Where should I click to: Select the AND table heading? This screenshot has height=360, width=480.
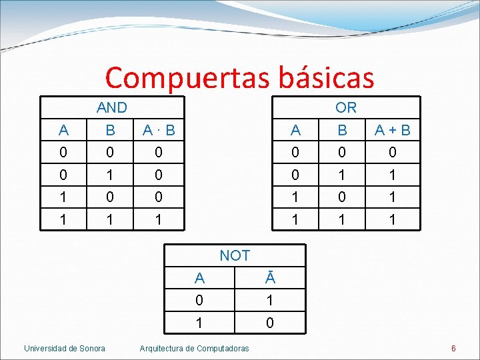pos(111,107)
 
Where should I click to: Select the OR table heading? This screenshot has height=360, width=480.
pos(346,107)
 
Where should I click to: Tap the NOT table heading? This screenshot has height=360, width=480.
pos(235,255)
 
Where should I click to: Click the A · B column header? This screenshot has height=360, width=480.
pos(158,131)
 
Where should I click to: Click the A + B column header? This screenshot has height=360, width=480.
pos(393,131)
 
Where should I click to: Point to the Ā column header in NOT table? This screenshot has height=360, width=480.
pos(270,279)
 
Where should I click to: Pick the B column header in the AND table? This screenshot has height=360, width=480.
pos(110,131)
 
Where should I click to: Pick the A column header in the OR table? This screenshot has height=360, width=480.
pos(296,131)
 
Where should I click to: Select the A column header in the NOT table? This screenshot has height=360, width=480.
pos(199,279)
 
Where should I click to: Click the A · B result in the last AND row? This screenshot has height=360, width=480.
pos(158,219)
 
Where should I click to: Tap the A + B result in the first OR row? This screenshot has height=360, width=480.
pos(393,153)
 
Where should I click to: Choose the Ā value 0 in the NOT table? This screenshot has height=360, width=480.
pos(270,323)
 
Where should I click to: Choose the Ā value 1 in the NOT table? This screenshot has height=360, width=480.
pos(270,301)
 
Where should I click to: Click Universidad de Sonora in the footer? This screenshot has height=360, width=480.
pos(65,348)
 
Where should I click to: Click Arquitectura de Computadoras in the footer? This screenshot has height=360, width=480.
pos(194,348)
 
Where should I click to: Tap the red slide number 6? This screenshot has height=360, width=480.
pos(453,348)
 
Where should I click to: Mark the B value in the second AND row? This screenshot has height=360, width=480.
pos(110,175)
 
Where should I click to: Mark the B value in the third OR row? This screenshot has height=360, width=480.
pos(343,197)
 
